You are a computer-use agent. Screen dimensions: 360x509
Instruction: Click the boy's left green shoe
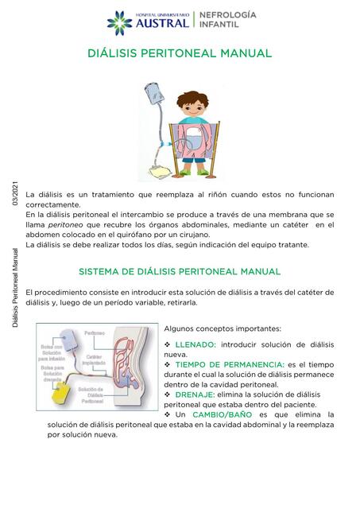[184, 168]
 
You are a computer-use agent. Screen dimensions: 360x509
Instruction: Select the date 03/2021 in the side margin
[14, 195]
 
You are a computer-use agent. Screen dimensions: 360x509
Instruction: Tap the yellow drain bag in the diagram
[57, 394]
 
